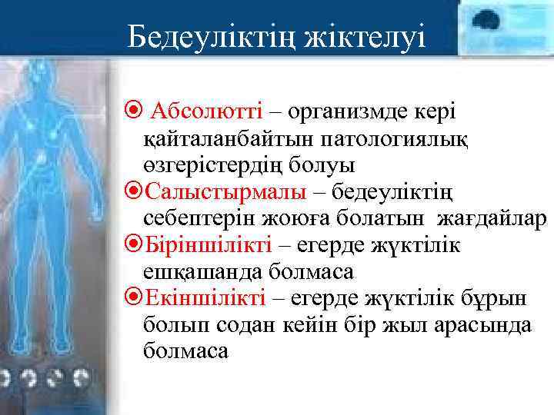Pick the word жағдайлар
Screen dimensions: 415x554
[x=492, y=219]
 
